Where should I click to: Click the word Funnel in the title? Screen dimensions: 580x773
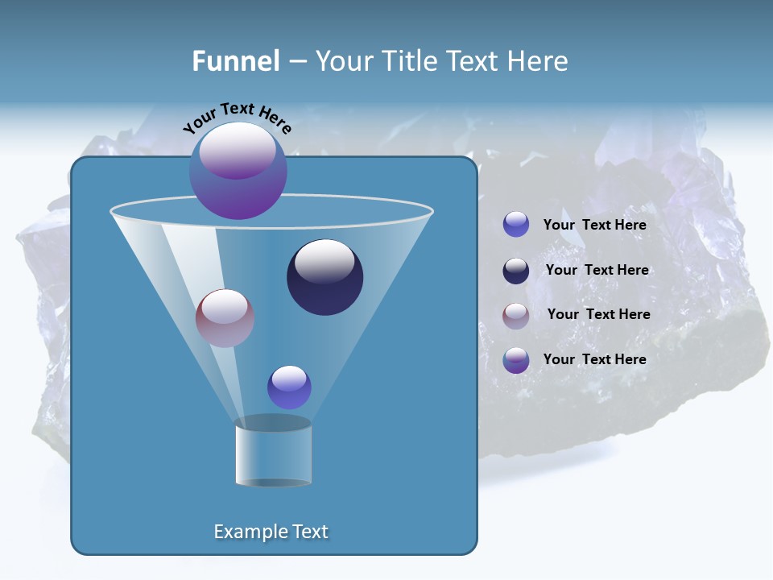(236, 61)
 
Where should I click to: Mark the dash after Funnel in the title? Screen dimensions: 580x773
(297, 62)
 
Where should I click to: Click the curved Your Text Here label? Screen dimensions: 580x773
(238, 118)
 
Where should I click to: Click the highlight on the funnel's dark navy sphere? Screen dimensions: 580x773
(324, 262)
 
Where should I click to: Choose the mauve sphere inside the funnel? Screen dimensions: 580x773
(225, 319)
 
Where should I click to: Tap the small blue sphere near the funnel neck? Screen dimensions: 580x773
(289, 387)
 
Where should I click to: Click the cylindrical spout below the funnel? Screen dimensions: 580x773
(273, 455)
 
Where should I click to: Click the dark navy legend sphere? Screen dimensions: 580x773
(516, 271)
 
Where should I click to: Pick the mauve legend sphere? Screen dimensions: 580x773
(516, 316)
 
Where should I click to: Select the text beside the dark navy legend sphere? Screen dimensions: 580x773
(597, 270)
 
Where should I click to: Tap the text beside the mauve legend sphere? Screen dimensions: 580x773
(598, 314)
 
